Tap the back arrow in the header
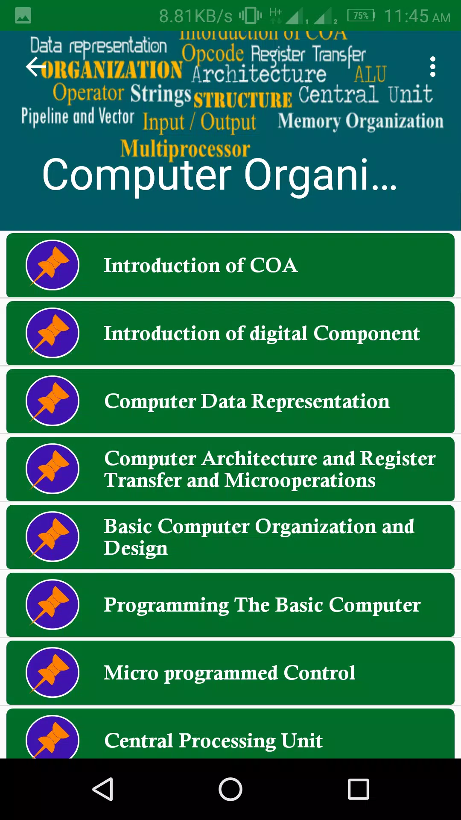(36, 67)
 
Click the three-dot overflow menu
(433, 67)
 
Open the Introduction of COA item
(230, 265)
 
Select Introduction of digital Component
(230, 333)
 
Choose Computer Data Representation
(230, 401)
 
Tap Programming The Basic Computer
(230, 605)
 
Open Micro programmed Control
(230, 673)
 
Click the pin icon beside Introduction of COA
(53, 265)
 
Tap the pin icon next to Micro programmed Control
(53, 673)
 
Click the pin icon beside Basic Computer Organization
(53, 537)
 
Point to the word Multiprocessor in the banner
(185, 149)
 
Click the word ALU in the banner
(370, 74)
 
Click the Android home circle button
(230, 789)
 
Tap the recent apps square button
(359, 789)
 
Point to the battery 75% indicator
(361, 16)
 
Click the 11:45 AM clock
(417, 16)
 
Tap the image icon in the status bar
(23, 16)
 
